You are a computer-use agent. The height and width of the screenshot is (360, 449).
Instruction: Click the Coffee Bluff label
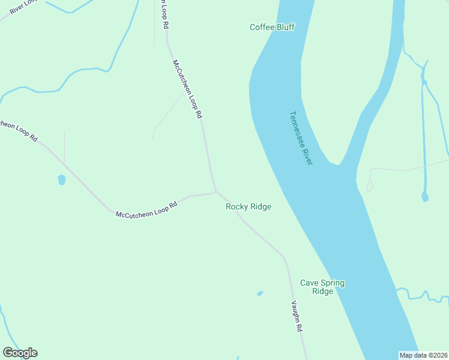point(272,27)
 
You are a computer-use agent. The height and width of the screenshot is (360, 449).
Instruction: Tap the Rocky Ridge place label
point(248,206)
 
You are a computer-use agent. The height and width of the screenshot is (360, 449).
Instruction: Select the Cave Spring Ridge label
point(322,287)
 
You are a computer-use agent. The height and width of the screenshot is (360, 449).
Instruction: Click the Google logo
point(20,353)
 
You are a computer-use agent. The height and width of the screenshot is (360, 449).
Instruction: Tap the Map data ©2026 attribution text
point(424,355)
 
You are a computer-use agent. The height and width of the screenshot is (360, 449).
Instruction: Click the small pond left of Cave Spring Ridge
point(260,293)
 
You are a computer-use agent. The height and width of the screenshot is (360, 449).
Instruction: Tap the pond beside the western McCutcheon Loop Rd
point(61,179)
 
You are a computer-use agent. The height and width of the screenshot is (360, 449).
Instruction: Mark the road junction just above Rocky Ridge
point(215,192)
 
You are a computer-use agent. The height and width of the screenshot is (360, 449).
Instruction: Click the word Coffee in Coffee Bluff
point(262,27)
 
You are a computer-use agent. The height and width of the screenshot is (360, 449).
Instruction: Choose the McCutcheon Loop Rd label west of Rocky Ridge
point(146,209)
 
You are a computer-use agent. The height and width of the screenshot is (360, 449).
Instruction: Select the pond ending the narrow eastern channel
point(425,197)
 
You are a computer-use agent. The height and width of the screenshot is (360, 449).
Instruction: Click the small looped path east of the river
point(369,185)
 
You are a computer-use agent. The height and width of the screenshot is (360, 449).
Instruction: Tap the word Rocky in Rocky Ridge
point(236,206)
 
